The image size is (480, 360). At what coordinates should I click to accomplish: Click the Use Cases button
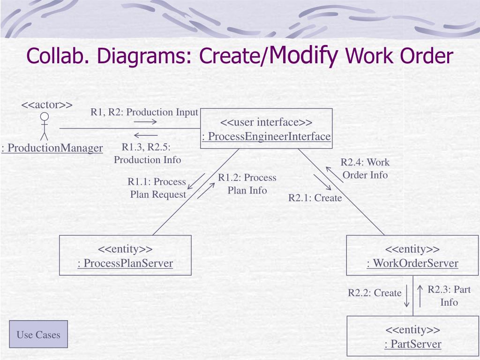38,334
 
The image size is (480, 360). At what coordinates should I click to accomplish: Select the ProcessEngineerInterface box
266,128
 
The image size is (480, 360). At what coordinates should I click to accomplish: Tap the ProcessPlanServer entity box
125,255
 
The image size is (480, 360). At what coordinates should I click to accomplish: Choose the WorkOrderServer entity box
412,255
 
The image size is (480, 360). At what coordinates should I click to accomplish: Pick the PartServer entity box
413,336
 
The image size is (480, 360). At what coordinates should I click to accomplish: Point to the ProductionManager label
52,148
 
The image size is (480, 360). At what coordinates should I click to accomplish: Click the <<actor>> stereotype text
47,104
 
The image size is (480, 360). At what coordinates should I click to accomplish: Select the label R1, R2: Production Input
144,112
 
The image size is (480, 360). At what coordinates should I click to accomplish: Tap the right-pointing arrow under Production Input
145,122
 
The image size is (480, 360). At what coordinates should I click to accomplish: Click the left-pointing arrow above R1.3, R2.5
145,135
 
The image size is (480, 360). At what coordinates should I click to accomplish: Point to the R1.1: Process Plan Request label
157,188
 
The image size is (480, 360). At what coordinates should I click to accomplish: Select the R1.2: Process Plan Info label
247,184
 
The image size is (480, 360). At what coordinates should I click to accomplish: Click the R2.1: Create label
315,198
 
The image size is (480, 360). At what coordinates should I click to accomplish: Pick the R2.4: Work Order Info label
365,169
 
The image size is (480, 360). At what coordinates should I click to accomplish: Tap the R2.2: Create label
375,293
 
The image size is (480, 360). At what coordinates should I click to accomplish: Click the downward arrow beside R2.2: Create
407,296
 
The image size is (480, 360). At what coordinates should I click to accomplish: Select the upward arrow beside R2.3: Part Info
420,296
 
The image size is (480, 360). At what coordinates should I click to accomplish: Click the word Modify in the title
304,55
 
